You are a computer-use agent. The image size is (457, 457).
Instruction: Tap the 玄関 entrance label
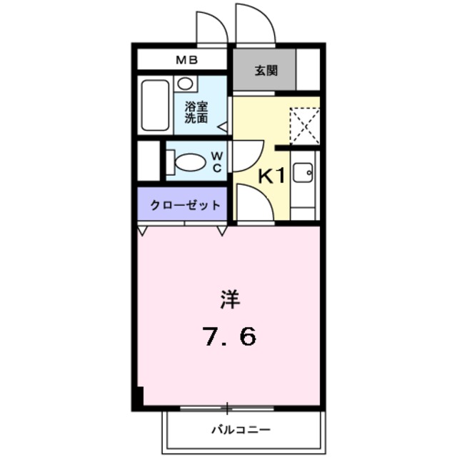point(266,71)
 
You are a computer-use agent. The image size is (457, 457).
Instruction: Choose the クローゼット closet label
point(185,206)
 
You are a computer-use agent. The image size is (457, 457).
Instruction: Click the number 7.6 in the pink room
point(229,335)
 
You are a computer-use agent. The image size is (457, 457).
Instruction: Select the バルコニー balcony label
point(240,431)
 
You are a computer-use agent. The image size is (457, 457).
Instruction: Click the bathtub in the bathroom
point(155,105)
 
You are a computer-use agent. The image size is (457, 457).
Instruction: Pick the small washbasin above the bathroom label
point(185,84)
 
